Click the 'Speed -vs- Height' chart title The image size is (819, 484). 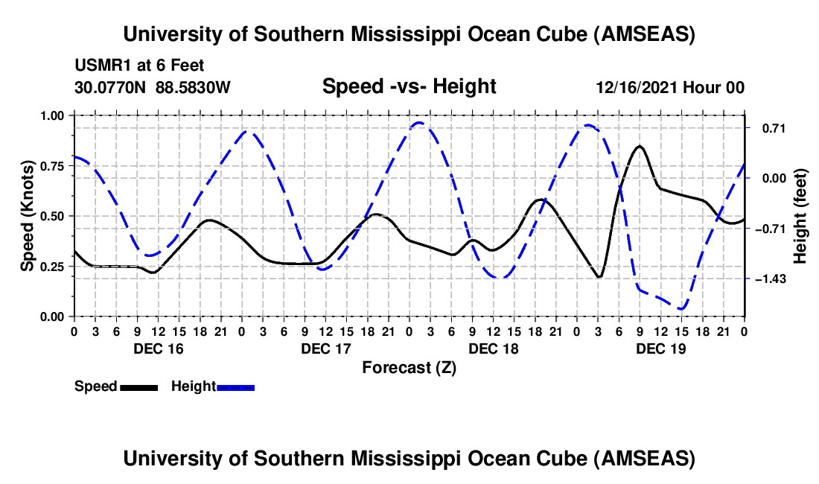(x=409, y=87)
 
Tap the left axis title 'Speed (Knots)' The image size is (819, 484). (x=28, y=216)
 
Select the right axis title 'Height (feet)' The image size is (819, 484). (x=800, y=216)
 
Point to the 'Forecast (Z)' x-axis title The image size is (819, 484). (x=409, y=367)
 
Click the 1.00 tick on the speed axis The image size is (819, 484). (x=53, y=115)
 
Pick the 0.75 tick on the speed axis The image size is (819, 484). (x=53, y=166)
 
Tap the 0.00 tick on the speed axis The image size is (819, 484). (x=53, y=316)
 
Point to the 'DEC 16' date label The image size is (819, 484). (x=158, y=348)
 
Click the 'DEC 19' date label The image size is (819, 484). (x=661, y=348)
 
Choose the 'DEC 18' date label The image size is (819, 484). (x=494, y=348)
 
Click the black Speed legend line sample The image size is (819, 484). (x=138, y=387)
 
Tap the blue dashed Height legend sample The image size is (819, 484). (x=236, y=387)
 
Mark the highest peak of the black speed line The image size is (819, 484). (x=639, y=146)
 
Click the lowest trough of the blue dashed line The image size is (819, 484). (x=681, y=308)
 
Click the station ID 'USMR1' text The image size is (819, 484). (x=99, y=66)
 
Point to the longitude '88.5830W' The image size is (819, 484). (x=194, y=88)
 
